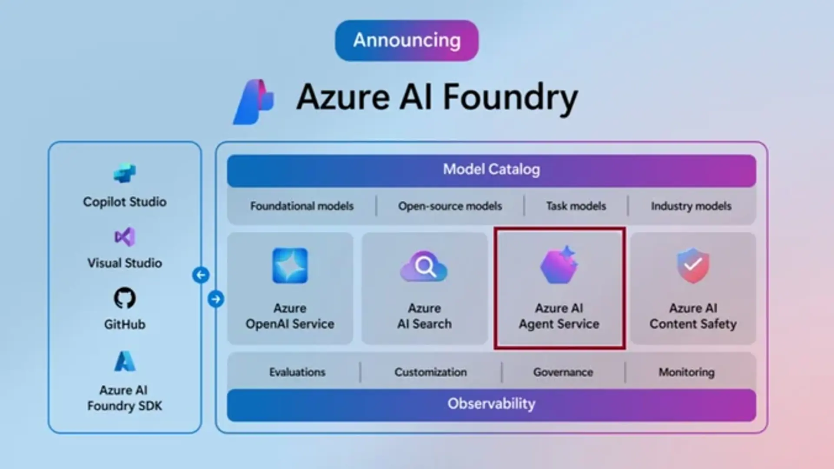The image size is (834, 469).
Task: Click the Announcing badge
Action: pyautogui.click(x=407, y=40)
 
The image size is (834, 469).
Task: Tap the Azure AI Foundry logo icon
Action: pyautogui.click(x=254, y=102)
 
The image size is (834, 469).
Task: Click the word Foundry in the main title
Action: pyautogui.click(x=510, y=97)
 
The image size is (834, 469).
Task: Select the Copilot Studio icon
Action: pyautogui.click(x=125, y=173)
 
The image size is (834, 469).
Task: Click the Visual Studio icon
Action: pyautogui.click(x=125, y=237)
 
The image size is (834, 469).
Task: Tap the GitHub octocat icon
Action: pyautogui.click(x=125, y=298)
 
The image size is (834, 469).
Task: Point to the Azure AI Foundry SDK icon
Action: pyautogui.click(x=125, y=361)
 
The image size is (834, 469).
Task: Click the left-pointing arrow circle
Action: pyautogui.click(x=201, y=275)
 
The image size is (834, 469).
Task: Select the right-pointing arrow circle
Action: pyautogui.click(x=216, y=299)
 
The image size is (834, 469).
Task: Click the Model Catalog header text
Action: pyautogui.click(x=491, y=170)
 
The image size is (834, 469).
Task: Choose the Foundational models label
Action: pyautogui.click(x=302, y=206)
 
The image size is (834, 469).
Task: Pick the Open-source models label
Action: pyautogui.click(x=450, y=206)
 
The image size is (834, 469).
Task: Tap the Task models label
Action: pyautogui.click(x=576, y=206)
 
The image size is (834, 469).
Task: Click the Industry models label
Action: pyautogui.click(x=691, y=206)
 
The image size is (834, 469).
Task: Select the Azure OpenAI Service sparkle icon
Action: pyautogui.click(x=290, y=266)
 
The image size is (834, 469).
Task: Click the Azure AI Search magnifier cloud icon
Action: pyautogui.click(x=424, y=266)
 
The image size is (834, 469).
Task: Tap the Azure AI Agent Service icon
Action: pyautogui.click(x=559, y=265)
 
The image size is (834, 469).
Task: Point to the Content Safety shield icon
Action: pyautogui.click(x=693, y=266)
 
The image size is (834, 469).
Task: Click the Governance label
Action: pyautogui.click(x=563, y=372)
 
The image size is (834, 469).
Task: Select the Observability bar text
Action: pyautogui.click(x=491, y=404)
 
